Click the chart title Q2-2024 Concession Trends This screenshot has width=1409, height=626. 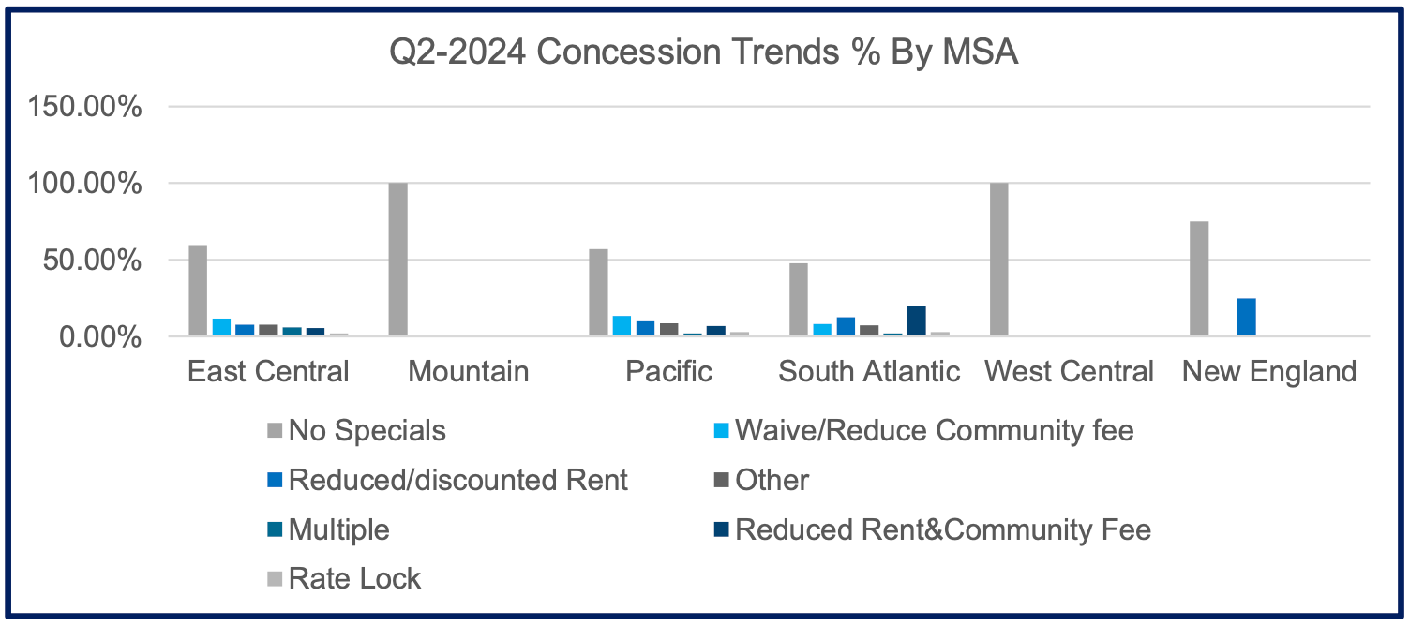click(703, 53)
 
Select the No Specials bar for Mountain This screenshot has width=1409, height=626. click(397, 260)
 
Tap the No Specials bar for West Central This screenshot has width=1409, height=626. click(998, 260)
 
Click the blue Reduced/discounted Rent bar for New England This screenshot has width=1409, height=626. click(1246, 318)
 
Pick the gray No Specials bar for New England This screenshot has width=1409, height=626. click(1199, 279)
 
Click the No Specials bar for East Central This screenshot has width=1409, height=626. click(198, 291)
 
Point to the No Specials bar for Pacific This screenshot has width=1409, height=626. click(598, 292)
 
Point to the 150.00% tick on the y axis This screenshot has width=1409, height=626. click(85, 107)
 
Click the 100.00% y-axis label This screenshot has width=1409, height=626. click(85, 184)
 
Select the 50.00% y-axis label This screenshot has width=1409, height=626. click(92, 261)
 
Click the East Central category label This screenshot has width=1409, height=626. click(268, 372)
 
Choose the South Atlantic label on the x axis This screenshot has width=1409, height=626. click(869, 372)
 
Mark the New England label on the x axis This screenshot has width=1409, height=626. click(1268, 372)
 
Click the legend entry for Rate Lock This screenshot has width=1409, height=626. click(354, 578)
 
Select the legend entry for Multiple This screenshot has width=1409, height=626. click(338, 529)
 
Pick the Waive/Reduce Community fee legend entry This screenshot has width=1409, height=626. click(934, 431)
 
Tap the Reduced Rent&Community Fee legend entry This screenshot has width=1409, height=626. click(942, 529)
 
